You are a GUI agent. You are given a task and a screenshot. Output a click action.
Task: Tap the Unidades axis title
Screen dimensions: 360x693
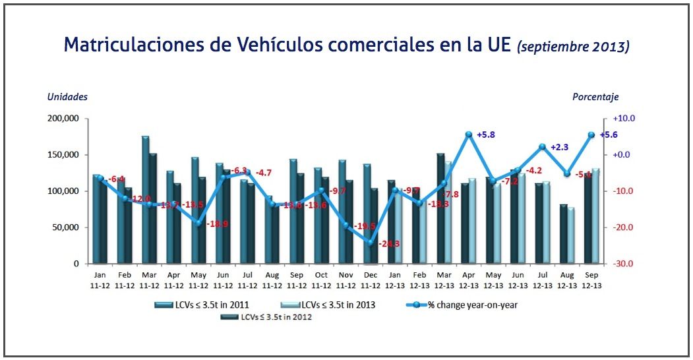67,97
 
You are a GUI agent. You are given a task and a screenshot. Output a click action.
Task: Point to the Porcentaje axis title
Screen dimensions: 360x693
595,97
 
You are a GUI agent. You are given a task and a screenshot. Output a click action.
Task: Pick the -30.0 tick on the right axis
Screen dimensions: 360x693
624,264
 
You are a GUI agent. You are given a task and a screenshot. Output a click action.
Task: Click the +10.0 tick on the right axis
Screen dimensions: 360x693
624,119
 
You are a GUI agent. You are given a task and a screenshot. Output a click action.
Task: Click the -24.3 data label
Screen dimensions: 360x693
390,244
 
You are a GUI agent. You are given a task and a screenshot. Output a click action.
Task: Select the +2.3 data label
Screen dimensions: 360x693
559,147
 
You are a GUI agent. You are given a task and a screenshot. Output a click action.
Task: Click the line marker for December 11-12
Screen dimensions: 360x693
371,243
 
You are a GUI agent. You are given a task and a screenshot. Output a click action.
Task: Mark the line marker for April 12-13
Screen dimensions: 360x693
469,135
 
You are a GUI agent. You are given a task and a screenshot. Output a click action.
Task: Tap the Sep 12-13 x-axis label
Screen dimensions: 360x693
591,280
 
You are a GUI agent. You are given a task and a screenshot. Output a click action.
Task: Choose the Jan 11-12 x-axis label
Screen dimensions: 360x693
100,280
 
